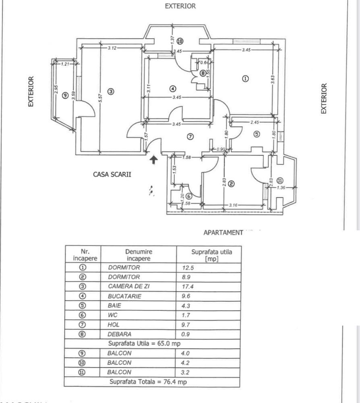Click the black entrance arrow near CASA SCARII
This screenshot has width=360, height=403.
tap(153, 160)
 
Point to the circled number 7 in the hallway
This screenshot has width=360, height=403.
tap(190, 137)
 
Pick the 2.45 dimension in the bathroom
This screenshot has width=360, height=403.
tap(254, 122)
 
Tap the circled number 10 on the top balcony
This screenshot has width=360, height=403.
tap(180, 41)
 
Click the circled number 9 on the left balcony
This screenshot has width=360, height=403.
tap(65, 96)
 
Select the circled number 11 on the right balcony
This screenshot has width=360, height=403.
tap(280, 180)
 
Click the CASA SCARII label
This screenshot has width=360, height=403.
tap(112, 174)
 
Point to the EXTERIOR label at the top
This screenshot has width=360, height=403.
tap(180, 6)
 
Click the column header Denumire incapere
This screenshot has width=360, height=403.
tap(139, 255)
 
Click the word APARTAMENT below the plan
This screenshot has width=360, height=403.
tap(223, 233)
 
